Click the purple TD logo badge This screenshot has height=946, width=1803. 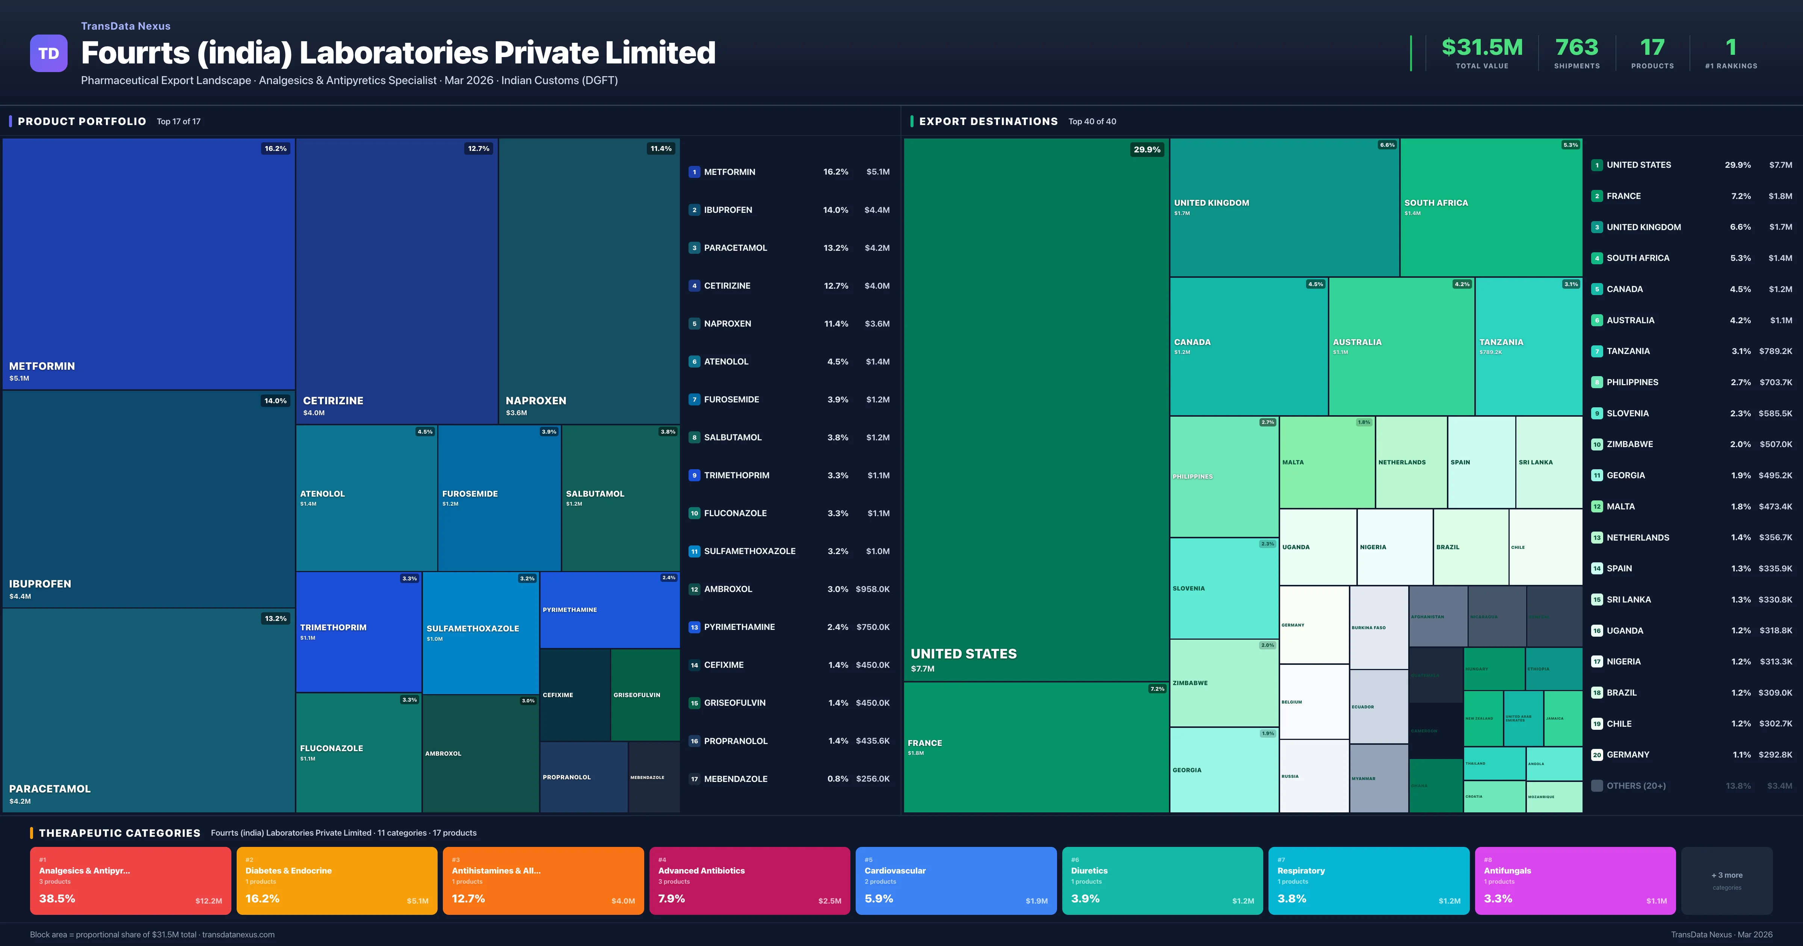pyautogui.click(x=48, y=53)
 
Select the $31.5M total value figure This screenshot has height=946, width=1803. pyautogui.click(x=1482, y=48)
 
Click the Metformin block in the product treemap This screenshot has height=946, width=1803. pyautogui.click(x=148, y=263)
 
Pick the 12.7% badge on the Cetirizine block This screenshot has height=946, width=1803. pyautogui.click(x=479, y=148)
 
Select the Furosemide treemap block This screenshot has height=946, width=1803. pyautogui.click(x=499, y=497)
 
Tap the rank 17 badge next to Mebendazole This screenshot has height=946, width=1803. pyautogui.click(x=694, y=779)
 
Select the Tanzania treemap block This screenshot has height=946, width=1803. pyautogui.click(x=1528, y=346)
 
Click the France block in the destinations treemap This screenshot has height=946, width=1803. pyautogui.click(x=1036, y=747)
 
